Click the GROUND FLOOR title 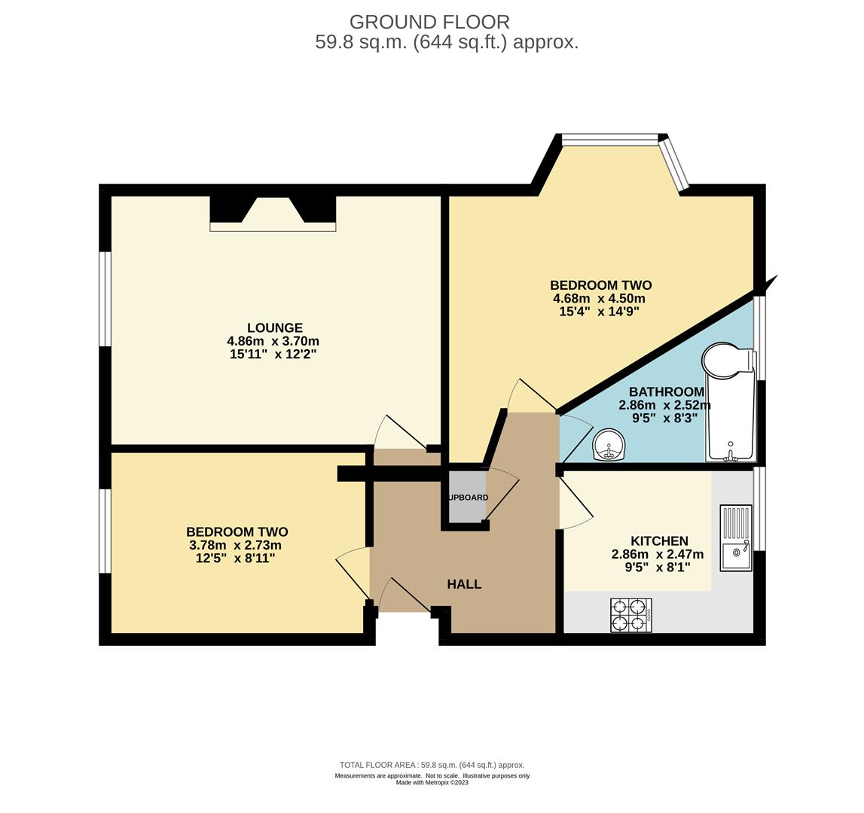click(429, 22)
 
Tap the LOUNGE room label click(275, 327)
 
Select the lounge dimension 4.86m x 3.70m click(275, 341)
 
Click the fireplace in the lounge click(273, 214)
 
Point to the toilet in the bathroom click(727, 361)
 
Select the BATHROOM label click(666, 391)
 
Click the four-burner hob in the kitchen click(631, 615)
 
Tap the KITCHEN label click(659, 541)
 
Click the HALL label click(464, 584)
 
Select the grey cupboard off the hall click(466, 497)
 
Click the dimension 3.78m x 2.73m click(235, 545)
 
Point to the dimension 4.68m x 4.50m click(599, 299)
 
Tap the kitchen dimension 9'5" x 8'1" click(658, 567)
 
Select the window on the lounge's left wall click(105, 299)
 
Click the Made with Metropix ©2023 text click(432, 782)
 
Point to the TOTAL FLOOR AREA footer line click(432, 765)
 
